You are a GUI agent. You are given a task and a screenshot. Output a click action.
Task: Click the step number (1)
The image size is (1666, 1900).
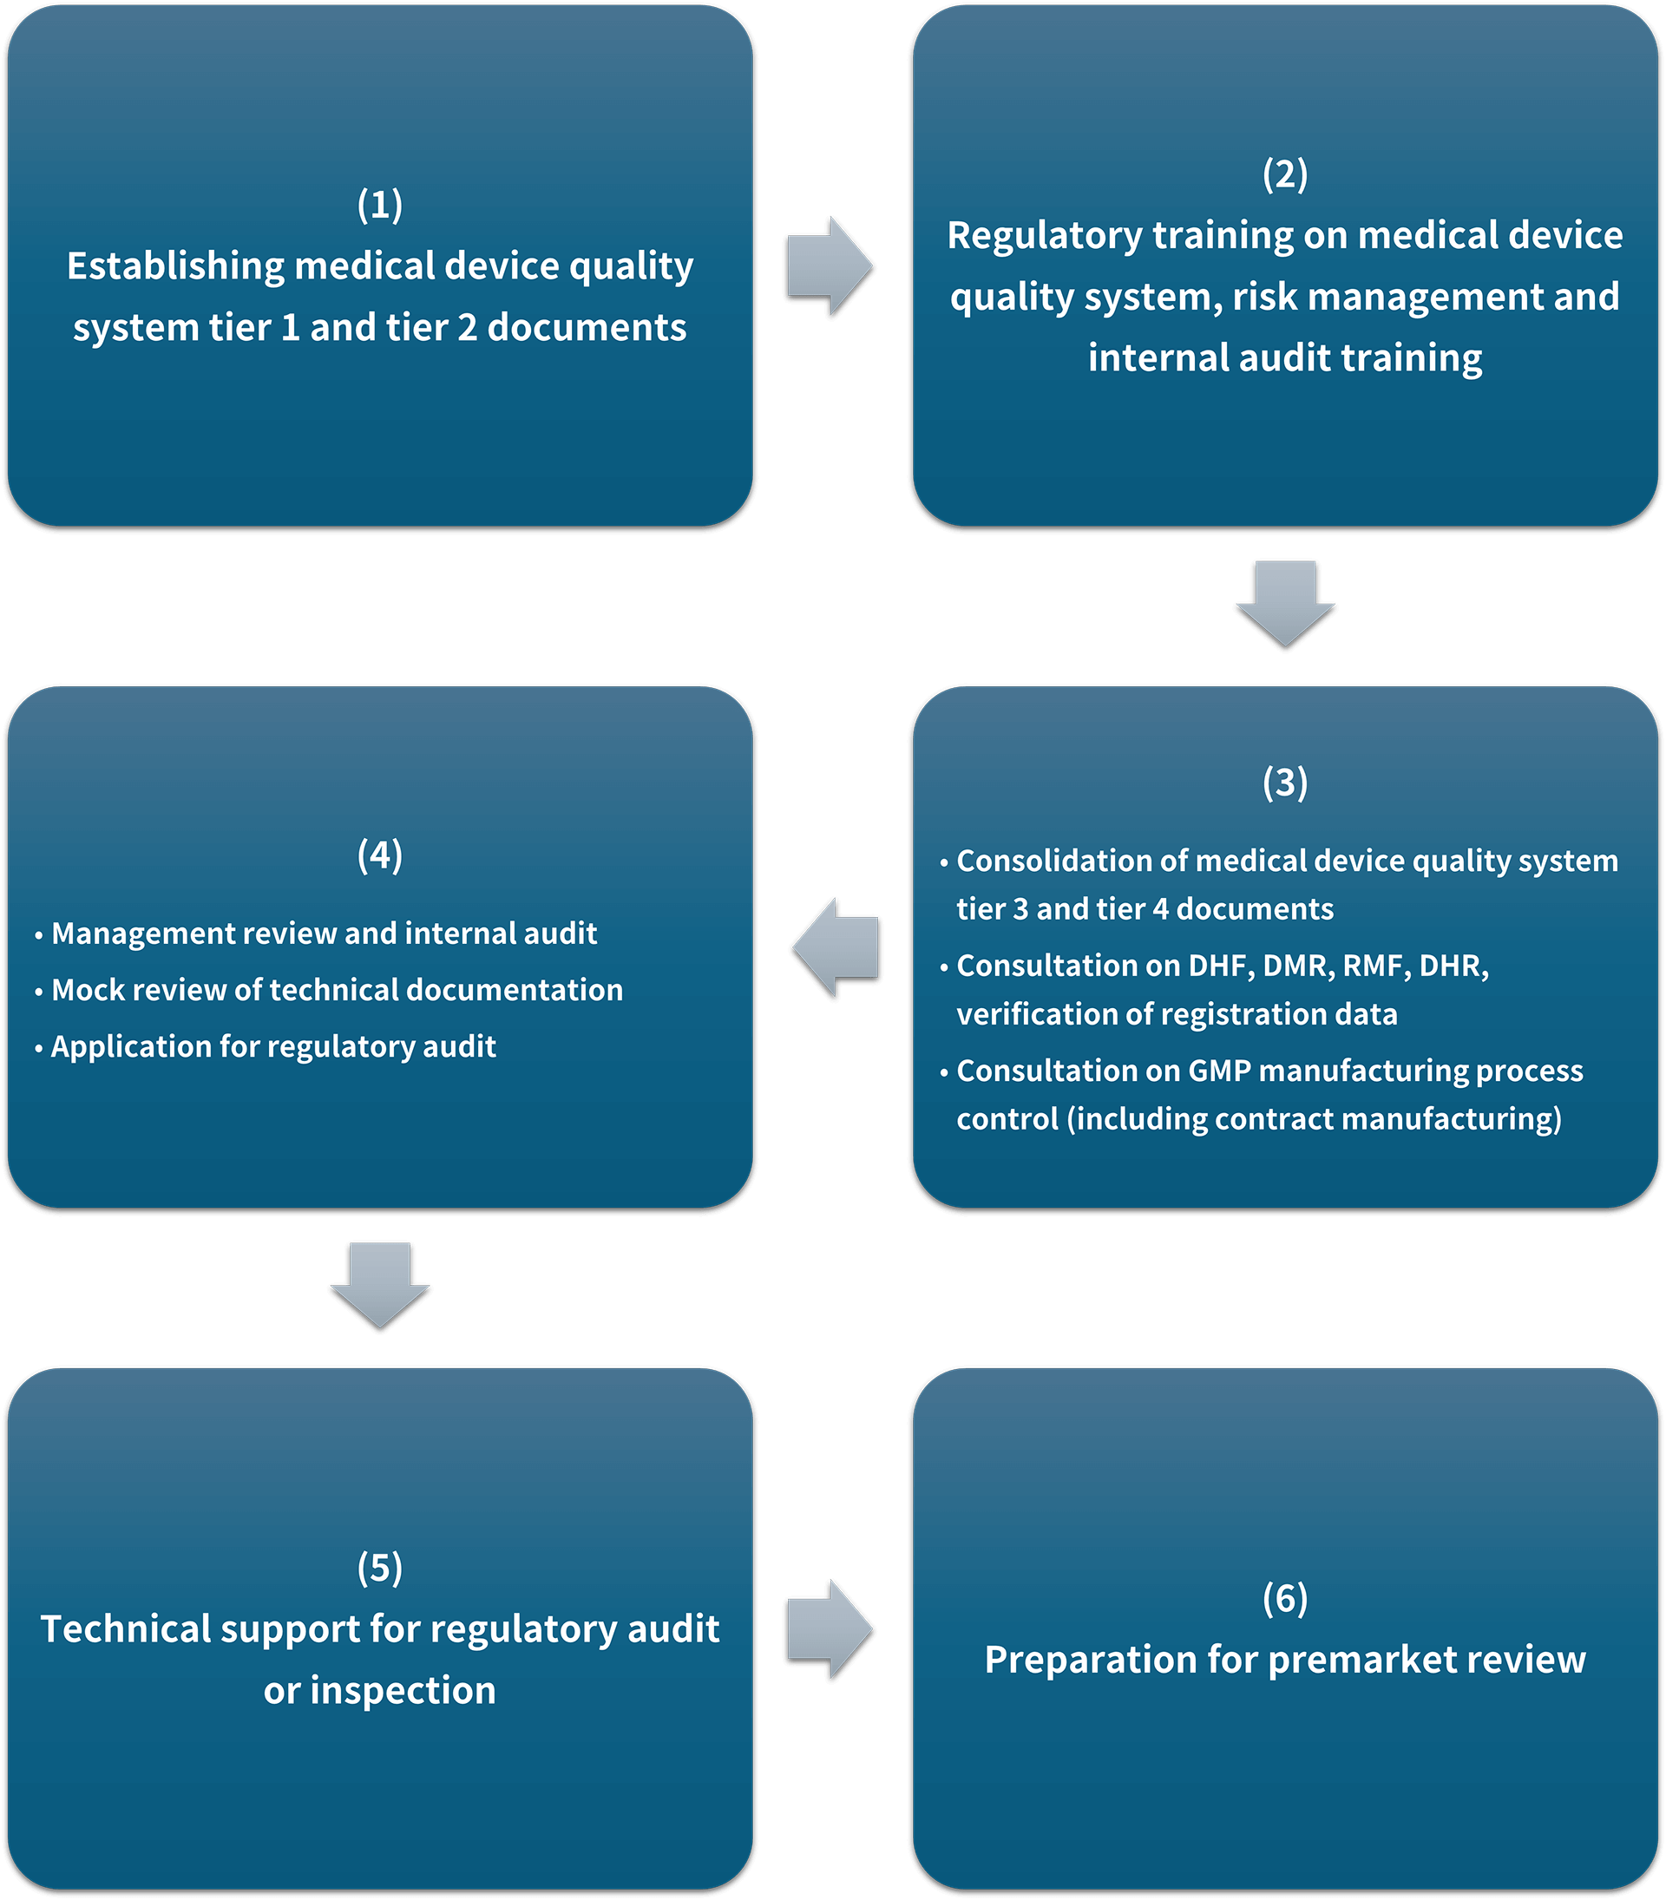click(380, 205)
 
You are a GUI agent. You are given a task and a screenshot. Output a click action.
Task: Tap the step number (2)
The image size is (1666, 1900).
click(1285, 174)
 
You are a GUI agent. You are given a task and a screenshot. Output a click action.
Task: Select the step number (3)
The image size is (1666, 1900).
click(1285, 782)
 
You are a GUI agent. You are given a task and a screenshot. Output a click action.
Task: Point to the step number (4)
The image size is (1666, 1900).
click(380, 855)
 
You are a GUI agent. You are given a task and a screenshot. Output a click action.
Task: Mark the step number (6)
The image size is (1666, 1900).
click(1285, 1598)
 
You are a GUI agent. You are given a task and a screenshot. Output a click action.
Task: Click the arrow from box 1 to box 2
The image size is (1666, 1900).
click(830, 267)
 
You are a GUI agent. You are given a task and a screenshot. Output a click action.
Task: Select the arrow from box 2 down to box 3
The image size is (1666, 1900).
click(1285, 604)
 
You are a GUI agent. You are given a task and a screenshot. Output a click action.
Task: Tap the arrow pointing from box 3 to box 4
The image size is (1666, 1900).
click(836, 948)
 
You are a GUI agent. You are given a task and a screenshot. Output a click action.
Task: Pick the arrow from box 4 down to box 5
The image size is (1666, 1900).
click(380, 1286)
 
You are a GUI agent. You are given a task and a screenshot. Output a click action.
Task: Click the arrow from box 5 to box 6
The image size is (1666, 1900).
click(830, 1629)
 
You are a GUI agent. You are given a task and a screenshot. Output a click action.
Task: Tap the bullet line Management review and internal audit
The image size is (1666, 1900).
click(315, 934)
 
